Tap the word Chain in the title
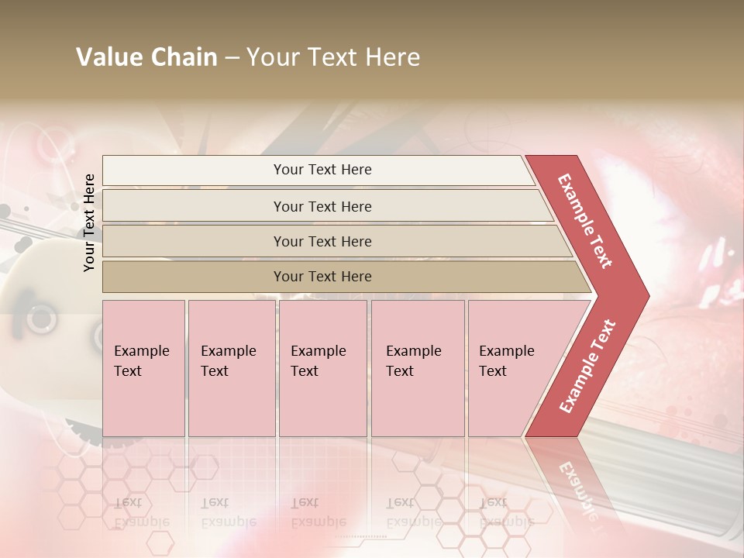(184, 57)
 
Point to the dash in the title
(232, 58)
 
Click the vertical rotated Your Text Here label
(89, 222)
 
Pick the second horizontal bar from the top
(322, 206)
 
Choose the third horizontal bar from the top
(322, 241)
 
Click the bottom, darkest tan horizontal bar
(322, 277)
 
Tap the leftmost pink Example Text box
(143, 368)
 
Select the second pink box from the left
(231, 368)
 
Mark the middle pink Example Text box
(322, 368)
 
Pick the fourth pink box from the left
(417, 368)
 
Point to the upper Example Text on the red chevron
(585, 221)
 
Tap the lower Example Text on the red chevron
(587, 366)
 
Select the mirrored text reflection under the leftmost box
(141, 512)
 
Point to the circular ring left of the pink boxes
(41, 318)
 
